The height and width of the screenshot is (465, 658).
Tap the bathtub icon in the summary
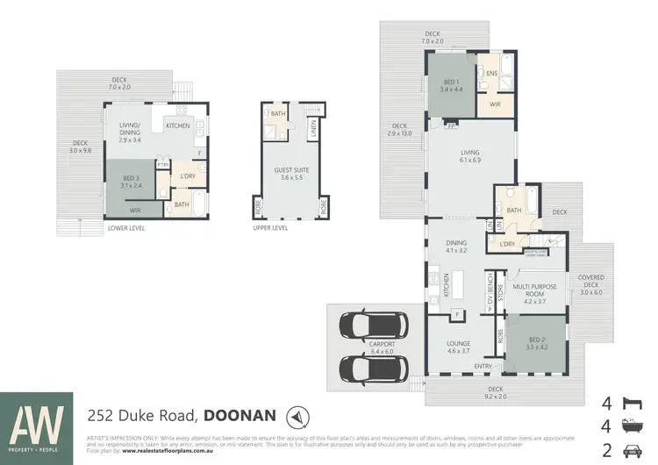[x=628, y=427]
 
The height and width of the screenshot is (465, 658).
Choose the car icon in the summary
[x=628, y=451]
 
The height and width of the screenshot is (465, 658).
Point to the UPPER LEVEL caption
[x=270, y=228]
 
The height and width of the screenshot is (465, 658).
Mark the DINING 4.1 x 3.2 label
[x=458, y=248]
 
